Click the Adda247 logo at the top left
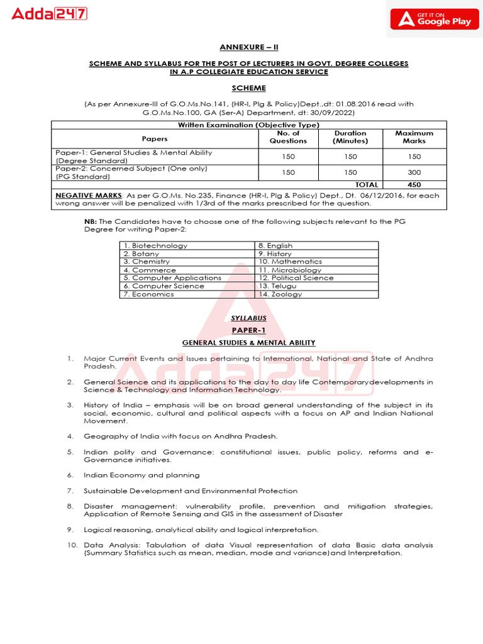pyautogui.click(x=50, y=13)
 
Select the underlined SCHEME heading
pyautogui.click(x=248, y=88)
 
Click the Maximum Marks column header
pyautogui.click(x=414, y=137)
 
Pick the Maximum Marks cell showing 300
pyautogui.click(x=414, y=172)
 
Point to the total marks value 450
pyautogui.click(x=414, y=185)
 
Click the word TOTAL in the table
pyautogui.click(x=367, y=185)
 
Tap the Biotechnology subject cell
pyautogui.click(x=155, y=245)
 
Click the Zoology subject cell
pyautogui.click(x=280, y=294)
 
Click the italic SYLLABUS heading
pyautogui.click(x=248, y=319)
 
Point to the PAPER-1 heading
pyautogui.click(x=248, y=330)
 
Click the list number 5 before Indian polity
pyautogui.click(x=70, y=452)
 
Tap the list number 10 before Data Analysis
pyautogui.click(x=72, y=545)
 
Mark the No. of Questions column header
pyautogui.click(x=288, y=137)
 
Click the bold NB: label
pyautogui.click(x=91, y=221)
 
